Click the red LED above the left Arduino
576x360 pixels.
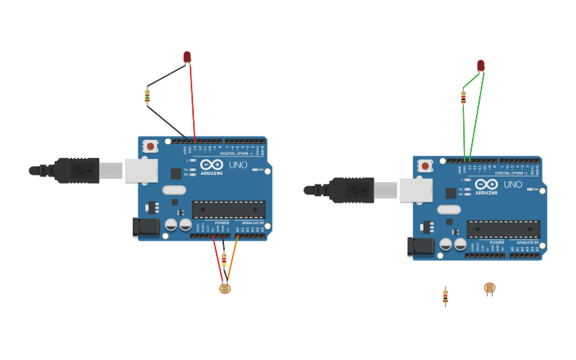click(x=187, y=56)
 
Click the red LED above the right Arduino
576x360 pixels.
click(x=481, y=65)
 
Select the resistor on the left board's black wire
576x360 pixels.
click(x=147, y=96)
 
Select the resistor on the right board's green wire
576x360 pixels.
click(x=463, y=98)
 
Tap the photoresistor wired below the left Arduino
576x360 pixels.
click(x=225, y=288)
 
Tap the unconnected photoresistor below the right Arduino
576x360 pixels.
click(x=489, y=288)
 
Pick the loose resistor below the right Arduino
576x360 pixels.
click(x=445, y=296)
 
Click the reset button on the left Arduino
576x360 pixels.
click(x=150, y=146)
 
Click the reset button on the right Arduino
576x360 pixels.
click(x=425, y=165)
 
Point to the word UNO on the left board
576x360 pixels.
click(x=238, y=165)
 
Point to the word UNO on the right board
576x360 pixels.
click(x=513, y=184)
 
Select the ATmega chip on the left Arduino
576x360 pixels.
click(x=229, y=210)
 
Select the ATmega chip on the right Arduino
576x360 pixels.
click(x=504, y=229)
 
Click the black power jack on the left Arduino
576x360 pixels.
click(x=146, y=226)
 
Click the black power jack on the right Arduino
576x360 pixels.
click(x=421, y=246)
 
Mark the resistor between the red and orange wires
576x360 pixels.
click(x=224, y=259)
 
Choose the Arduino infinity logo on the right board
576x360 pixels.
click(x=486, y=184)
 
